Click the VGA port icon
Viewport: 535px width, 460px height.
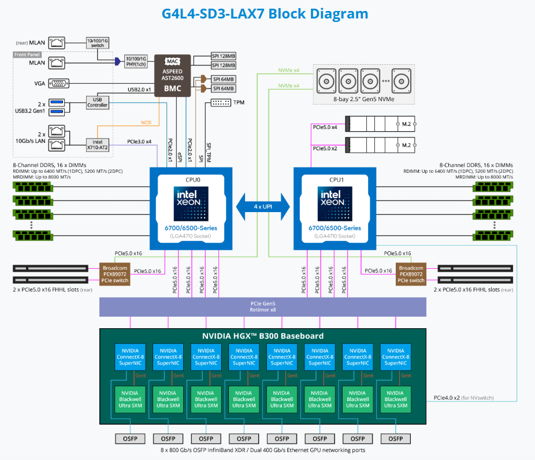59,83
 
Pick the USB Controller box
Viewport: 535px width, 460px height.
97,102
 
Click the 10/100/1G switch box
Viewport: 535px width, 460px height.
97,42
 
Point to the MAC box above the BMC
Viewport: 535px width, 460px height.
172,61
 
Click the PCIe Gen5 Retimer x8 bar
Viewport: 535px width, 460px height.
263,306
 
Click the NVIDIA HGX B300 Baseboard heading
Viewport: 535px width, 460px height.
262,336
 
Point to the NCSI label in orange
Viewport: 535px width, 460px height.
146,122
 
